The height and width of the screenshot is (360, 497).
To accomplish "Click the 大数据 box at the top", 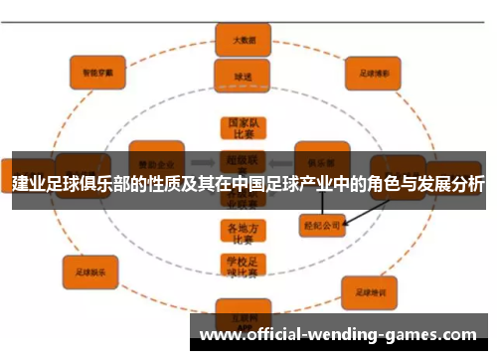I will [x=237, y=41].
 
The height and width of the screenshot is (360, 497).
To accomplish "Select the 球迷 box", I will [x=237, y=75].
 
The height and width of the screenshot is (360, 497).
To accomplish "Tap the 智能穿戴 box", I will [x=96, y=71].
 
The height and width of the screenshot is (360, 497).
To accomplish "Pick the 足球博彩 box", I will [x=373, y=72].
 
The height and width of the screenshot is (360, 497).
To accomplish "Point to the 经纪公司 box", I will [x=322, y=226].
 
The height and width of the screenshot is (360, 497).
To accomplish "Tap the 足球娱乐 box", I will [x=89, y=268].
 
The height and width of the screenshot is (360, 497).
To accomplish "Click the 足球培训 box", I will [x=370, y=291].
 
